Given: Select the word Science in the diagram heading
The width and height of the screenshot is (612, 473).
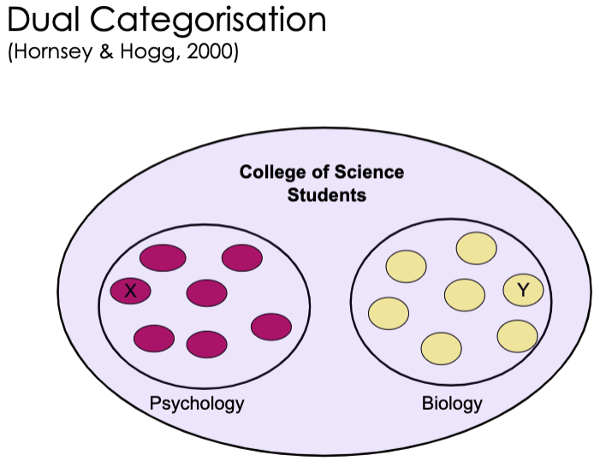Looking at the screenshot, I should (x=368, y=172).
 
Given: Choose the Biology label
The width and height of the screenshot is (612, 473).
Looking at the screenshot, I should (x=452, y=403).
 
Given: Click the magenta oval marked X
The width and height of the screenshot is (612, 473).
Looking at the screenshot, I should (x=131, y=291).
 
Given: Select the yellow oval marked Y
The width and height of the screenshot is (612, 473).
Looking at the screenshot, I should (x=523, y=290).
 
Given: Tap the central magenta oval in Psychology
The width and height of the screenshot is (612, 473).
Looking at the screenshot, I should (x=206, y=293).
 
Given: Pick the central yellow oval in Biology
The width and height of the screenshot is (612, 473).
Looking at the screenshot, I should (x=465, y=295).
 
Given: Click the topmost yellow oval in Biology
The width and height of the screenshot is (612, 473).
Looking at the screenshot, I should (x=477, y=248).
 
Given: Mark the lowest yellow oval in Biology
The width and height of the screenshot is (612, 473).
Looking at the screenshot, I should (x=441, y=348).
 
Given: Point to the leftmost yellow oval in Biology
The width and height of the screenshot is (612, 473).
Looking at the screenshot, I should (x=388, y=313).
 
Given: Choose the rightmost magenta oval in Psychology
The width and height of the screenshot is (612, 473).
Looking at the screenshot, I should (x=271, y=326).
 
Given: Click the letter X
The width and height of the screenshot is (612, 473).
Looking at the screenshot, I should (x=131, y=291).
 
